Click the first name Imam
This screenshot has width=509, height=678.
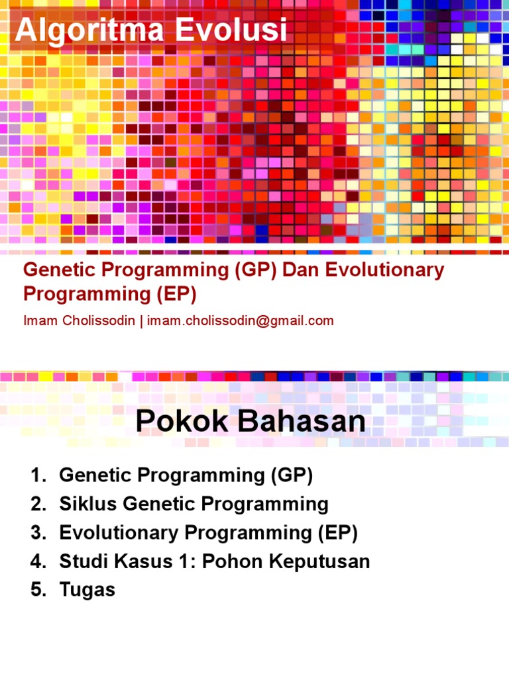(39, 321)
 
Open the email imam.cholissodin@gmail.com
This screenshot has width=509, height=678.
(240, 321)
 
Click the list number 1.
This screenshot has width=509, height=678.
(37, 475)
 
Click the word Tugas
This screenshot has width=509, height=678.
(87, 591)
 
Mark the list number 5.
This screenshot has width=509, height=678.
(37, 590)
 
